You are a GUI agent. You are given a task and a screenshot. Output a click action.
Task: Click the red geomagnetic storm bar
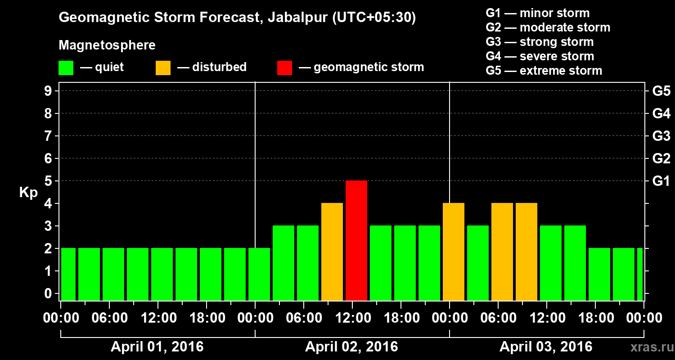356,240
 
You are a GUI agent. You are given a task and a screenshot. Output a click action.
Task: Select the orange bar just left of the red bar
332,252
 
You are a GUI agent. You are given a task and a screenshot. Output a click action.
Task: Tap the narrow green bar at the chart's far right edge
640,274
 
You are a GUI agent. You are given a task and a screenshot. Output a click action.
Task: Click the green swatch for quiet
66,67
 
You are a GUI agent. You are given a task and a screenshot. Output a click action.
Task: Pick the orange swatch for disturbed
163,67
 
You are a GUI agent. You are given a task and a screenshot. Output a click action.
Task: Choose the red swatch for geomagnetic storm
284,67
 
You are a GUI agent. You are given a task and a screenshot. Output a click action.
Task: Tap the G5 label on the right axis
661,91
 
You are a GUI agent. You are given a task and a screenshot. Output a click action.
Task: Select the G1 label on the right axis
661,181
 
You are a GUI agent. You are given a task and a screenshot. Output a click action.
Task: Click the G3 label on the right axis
661,136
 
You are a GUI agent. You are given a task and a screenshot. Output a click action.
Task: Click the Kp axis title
28,192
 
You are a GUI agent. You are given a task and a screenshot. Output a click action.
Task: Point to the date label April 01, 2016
157,347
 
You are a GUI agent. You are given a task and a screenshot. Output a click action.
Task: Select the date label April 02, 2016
351,347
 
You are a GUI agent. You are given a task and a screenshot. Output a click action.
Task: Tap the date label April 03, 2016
546,347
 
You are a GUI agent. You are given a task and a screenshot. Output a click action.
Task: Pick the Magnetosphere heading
107,45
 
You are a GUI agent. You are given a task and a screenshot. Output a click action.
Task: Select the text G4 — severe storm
540,56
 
